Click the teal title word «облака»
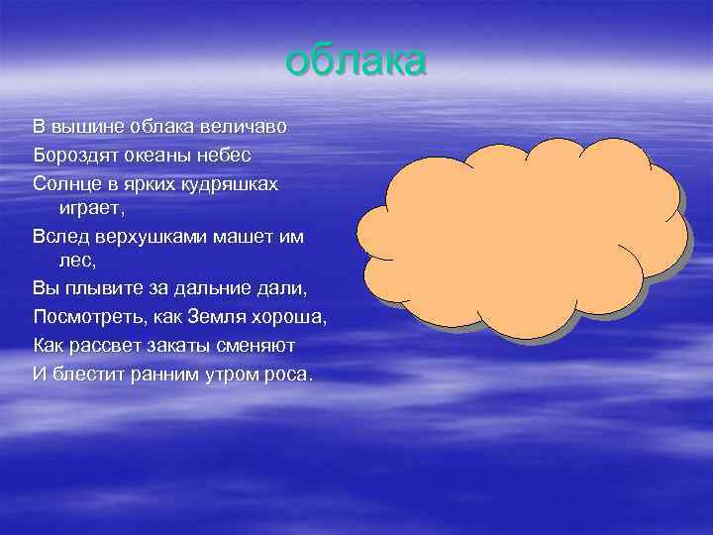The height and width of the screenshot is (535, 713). click(356, 60)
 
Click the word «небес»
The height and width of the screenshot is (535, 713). click(227, 156)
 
